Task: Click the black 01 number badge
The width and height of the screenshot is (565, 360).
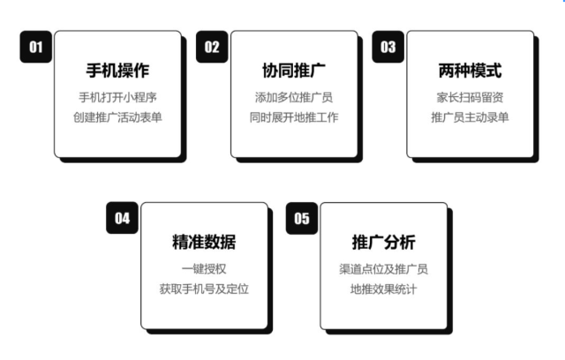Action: pos(36,48)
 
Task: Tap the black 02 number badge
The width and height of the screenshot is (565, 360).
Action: pos(212,48)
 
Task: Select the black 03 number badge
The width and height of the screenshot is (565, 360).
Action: pos(388,48)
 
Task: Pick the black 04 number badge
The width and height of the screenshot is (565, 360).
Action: pos(123,219)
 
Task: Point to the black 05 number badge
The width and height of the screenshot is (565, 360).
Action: pos(302,219)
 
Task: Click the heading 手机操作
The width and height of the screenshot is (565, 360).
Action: pos(118,71)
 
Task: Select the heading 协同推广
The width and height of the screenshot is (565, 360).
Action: pos(294,71)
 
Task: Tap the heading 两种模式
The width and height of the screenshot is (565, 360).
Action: pos(470,71)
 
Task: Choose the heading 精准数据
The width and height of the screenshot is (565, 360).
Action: pos(204,243)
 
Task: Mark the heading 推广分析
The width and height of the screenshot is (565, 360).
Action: pos(383,243)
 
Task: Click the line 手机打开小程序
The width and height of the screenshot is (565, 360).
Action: pos(118,97)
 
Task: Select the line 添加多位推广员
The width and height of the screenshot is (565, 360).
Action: pos(294,97)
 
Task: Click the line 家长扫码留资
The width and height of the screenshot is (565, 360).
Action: pos(470,97)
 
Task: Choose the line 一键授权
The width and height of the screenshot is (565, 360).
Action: pos(204,269)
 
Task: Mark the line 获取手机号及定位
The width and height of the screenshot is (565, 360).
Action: pos(204,289)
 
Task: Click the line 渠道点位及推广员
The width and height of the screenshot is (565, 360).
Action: pos(383,269)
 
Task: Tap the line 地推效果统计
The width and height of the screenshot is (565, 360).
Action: pos(383,289)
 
